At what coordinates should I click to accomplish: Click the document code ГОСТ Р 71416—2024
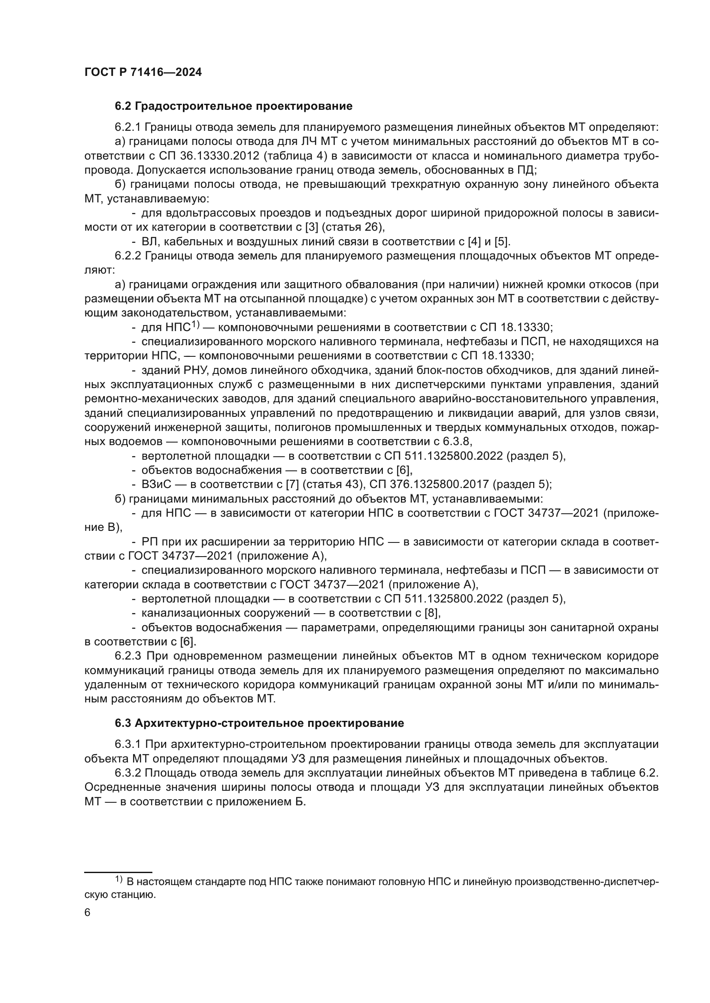[x=143, y=72]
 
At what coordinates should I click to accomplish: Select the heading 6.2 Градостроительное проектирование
[x=234, y=106]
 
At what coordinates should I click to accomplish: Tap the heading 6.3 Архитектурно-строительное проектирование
[x=259, y=723]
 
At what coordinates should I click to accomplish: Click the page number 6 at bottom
[x=88, y=913]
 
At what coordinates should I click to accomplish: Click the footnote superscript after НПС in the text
[x=195, y=325]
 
